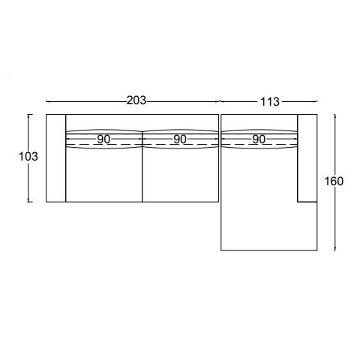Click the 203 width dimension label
[136, 100]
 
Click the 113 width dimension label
[270, 102]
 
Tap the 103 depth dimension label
[28, 157]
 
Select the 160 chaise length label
[334, 181]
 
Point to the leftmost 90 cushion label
[103, 139]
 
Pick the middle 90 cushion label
[180, 139]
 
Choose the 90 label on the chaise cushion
[259, 139]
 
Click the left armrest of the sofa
[55, 158]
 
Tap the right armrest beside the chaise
[307, 158]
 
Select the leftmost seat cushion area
[103, 174]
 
